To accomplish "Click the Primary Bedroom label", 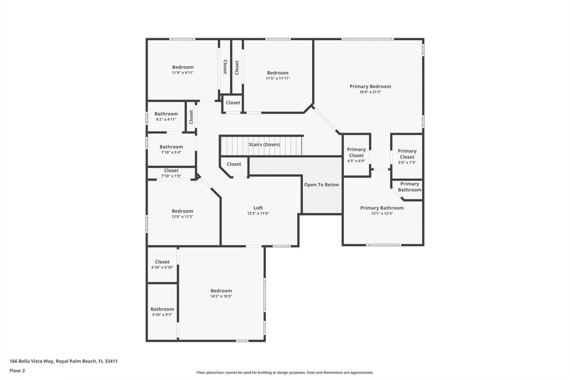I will tap(370, 86).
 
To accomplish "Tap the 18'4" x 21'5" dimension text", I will tap(370, 92).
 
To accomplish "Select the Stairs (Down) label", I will tap(264, 145).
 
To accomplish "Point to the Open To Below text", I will tap(321, 185).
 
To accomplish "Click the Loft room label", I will tap(258, 208).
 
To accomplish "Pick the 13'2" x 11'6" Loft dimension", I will tap(258, 213).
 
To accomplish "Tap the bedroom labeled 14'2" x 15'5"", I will tap(221, 293).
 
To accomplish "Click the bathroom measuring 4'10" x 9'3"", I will tap(162, 311).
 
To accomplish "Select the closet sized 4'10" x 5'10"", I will tap(162, 264).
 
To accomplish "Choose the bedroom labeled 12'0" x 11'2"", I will tap(182, 213).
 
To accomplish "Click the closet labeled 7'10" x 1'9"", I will tap(171, 173).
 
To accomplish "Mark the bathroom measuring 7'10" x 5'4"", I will tap(171, 149).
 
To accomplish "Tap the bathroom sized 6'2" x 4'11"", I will tap(166, 116).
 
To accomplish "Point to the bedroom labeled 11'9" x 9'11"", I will tap(183, 69).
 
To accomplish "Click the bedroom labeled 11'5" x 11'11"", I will tap(278, 75).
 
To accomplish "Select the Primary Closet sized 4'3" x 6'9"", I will tap(356, 155).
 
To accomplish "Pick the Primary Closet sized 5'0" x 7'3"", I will tap(407, 156).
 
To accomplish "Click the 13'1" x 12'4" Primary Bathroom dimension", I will tap(382, 213).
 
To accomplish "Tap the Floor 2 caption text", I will tap(17, 370).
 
